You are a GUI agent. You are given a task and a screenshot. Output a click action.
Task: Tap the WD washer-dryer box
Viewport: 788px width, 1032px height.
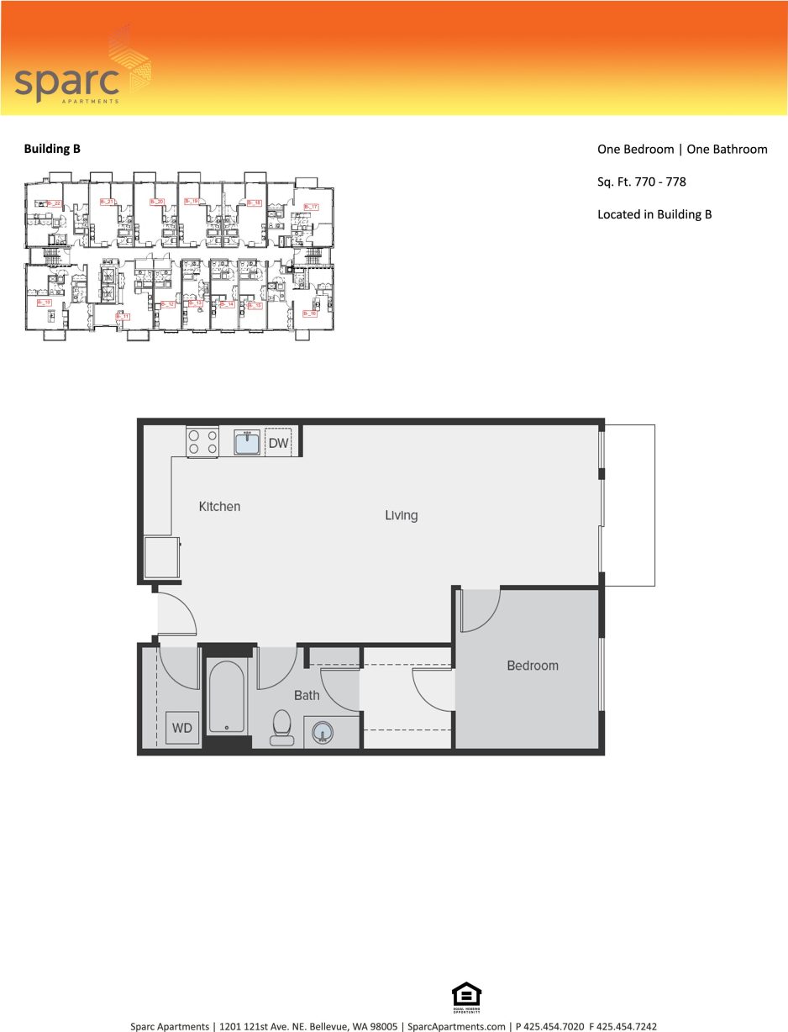tap(182, 728)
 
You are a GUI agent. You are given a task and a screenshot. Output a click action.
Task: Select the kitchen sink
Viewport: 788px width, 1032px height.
tap(247, 442)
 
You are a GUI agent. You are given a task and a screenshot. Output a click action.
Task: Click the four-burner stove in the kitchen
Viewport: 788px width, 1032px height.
tap(202, 442)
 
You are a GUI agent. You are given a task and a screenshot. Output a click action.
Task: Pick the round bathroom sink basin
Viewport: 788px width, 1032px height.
tap(323, 734)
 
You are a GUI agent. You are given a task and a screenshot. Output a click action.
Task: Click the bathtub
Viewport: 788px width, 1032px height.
tap(227, 698)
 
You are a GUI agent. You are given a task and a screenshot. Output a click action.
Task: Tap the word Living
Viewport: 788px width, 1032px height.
tap(401, 515)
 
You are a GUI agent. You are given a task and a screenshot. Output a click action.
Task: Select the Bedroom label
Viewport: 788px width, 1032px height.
tap(532, 666)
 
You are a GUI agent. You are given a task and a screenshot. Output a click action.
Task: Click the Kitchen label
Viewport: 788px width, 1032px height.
tap(219, 507)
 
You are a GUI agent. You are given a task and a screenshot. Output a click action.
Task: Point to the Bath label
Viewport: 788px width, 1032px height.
tap(307, 695)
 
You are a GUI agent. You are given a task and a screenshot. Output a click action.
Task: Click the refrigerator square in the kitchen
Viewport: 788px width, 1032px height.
tap(161, 557)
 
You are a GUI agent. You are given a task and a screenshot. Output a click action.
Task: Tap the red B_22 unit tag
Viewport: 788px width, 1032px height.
tap(54, 203)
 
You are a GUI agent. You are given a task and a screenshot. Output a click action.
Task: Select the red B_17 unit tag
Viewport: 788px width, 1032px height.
tap(310, 207)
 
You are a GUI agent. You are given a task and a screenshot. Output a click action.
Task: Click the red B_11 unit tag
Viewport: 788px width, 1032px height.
tap(123, 317)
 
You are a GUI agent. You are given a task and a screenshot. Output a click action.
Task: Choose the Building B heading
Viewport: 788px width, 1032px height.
tap(52, 149)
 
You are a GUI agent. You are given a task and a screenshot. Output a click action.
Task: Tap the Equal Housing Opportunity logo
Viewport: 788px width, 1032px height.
tap(466, 998)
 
